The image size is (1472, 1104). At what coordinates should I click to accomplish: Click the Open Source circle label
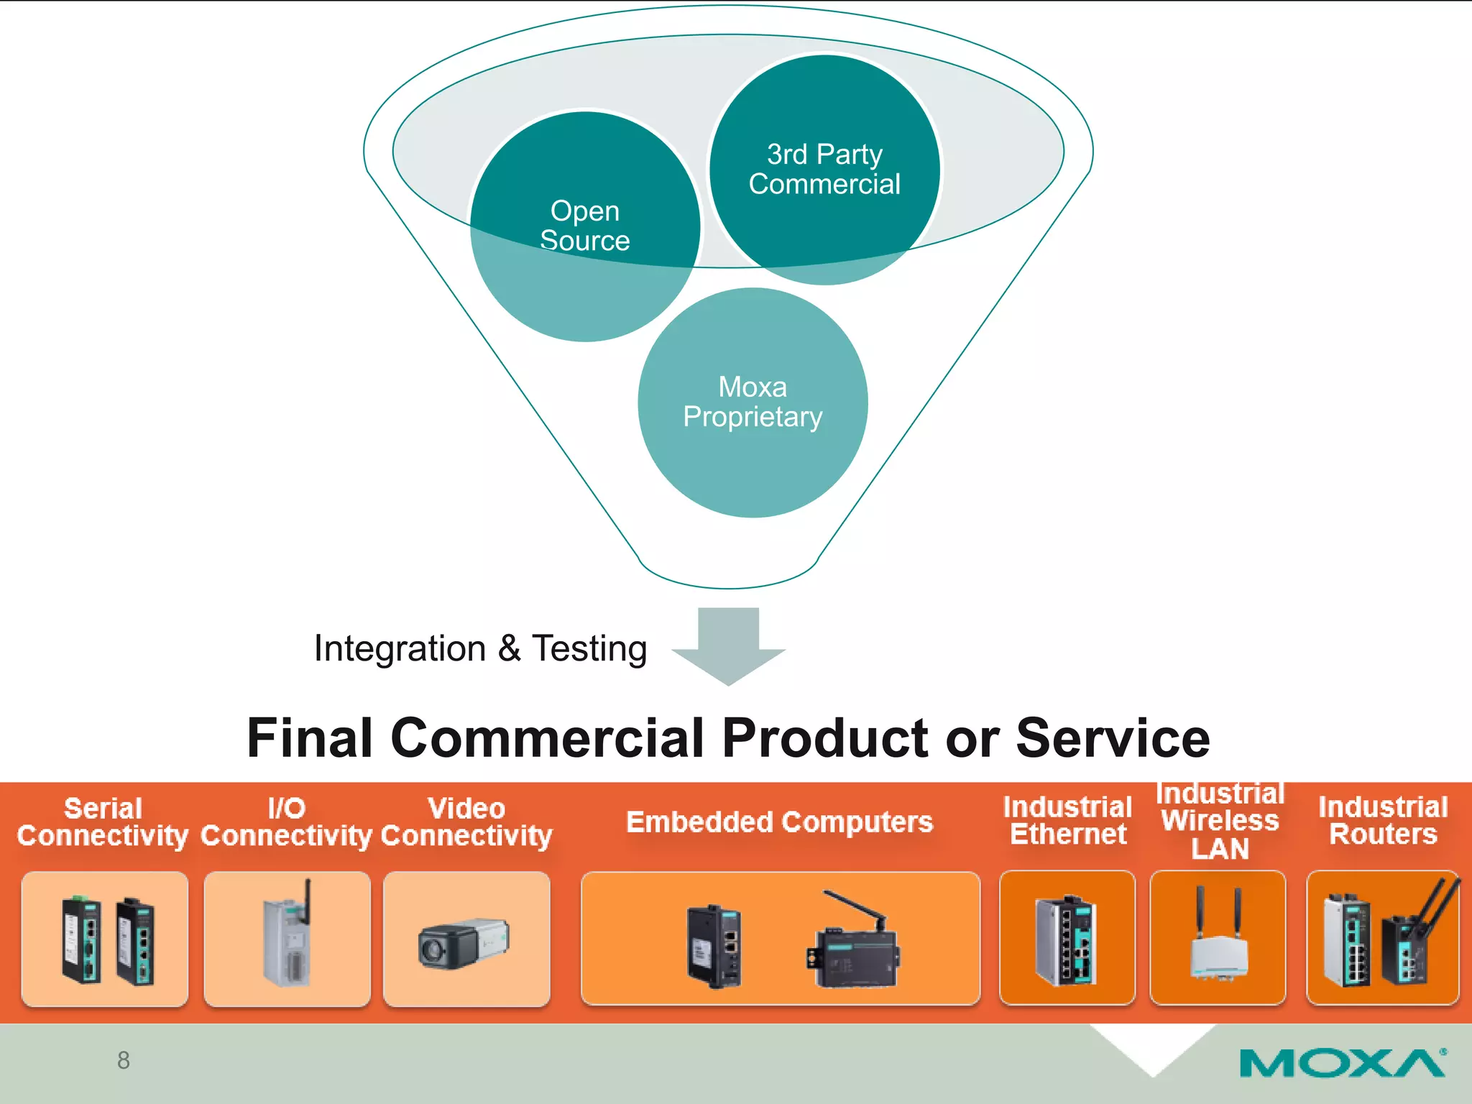click(584, 226)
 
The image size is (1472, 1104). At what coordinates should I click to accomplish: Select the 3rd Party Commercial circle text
click(824, 170)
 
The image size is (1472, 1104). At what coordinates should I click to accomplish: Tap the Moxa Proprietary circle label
click(753, 402)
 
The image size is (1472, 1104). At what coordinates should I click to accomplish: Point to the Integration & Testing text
click(480, 648)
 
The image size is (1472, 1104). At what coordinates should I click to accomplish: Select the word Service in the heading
click(1113, 738)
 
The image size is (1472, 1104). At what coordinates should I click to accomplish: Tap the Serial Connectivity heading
click(103, 822)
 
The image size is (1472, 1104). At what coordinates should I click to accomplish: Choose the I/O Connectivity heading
click(286, 822)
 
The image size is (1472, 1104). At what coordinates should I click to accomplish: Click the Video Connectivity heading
click(466, 822)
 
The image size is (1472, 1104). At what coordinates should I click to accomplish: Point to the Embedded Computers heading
click(779, 822)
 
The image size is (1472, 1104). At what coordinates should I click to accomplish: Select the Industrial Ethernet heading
click(1067, 820)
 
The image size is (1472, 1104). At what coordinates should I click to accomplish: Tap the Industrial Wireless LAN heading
click(1220, 821)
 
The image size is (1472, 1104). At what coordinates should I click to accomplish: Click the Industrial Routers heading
click(1383, 820)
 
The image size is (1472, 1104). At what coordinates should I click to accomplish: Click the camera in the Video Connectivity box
click(464, 943)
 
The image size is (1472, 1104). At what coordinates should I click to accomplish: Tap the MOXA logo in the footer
click(1342, 1063)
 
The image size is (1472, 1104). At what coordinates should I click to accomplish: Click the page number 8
click(124, 1060)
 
